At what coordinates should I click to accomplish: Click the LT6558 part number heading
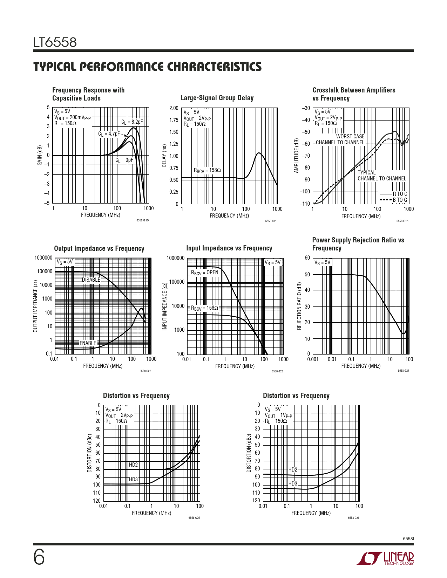(55, 42)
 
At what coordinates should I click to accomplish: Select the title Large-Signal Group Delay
(217, 98)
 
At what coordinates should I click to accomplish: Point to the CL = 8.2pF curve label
(132, 122)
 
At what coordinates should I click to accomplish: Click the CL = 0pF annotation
(124, 160)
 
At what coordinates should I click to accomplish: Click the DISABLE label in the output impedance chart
(91, 280)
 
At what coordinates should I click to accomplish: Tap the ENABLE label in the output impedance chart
(88, 343)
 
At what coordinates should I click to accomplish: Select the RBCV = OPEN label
(204, 273)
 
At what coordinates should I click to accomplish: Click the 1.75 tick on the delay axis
(174, 120)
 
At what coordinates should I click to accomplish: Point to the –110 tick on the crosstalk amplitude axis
(305, 204)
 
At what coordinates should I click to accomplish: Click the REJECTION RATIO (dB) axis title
(299, 306)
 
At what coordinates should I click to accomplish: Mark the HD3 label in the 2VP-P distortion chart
(133, 480)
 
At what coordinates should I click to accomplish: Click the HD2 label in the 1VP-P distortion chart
(293, 469)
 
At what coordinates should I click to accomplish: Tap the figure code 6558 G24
(403, 371)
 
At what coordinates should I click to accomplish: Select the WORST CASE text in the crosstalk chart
(350, 137)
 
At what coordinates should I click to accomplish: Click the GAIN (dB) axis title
(40, 155)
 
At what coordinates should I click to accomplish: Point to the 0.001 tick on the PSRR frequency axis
(313, 359)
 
